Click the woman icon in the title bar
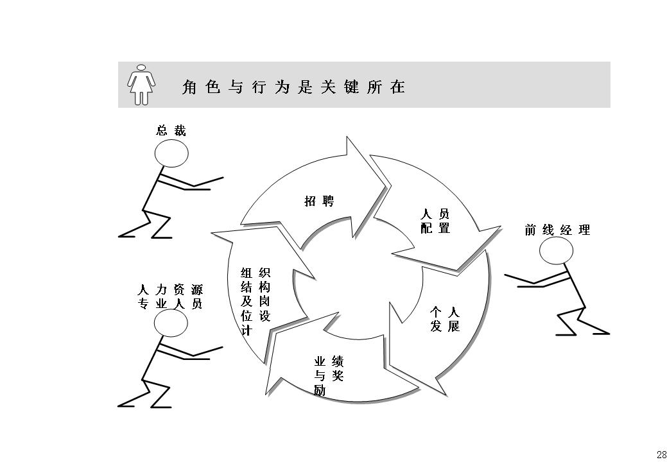[x=141, y=84]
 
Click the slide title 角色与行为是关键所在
[x=294, y=87]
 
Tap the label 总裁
[x=171, y=131]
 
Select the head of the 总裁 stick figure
[x=171, y=153]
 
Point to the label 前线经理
[x=557, y=230]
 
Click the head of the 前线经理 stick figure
[x=556, y=250]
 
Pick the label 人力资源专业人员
[x=171, y=297]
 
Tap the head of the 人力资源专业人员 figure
[x=171, y=323]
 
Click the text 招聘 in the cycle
[x=319, y=201]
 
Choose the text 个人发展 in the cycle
[x=445, y=319]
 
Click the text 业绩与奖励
[x=328, y=375]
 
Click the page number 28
[x=661, y=454]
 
